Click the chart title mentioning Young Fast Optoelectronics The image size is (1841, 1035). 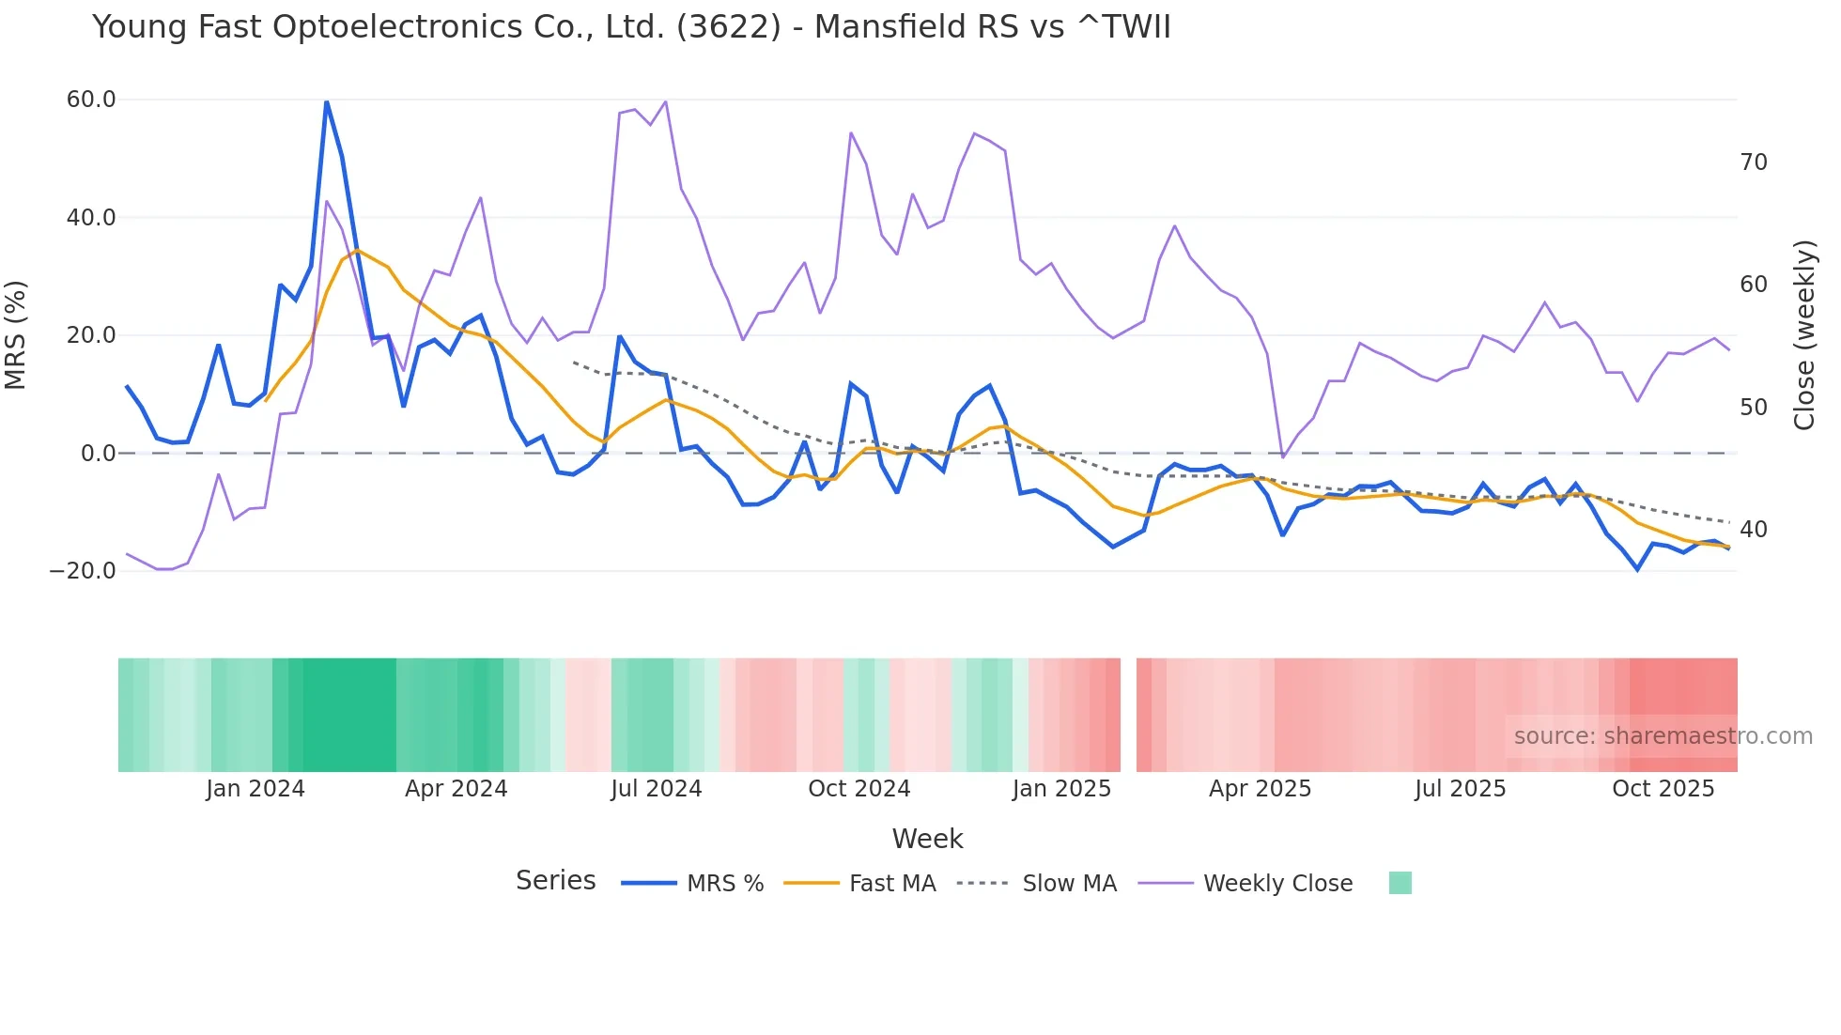tap(631, 27)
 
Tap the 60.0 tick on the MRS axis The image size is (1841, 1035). tap(91, 100)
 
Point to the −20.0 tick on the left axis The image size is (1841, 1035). tap(83, 571)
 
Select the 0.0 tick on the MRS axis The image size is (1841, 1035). tap(99, 454)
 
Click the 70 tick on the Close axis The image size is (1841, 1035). tap(1753, 162)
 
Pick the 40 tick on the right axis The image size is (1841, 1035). tap(1753, 530)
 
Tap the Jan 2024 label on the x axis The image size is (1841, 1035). tap(255, 789)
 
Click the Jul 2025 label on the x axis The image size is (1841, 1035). tap(1460, 789)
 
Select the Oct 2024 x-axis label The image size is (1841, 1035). tap(859, 789)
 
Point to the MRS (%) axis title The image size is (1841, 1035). tap(16, 334)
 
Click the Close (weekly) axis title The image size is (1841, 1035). tap(1803, 334)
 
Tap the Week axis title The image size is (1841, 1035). tap(927, 839)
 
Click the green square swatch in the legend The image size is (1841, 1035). tap(1400, 883)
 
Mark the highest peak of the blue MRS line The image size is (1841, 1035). tap(326, 101)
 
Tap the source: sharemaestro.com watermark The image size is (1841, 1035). tap(1663, 736)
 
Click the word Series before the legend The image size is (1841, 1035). tap(555, 881)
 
